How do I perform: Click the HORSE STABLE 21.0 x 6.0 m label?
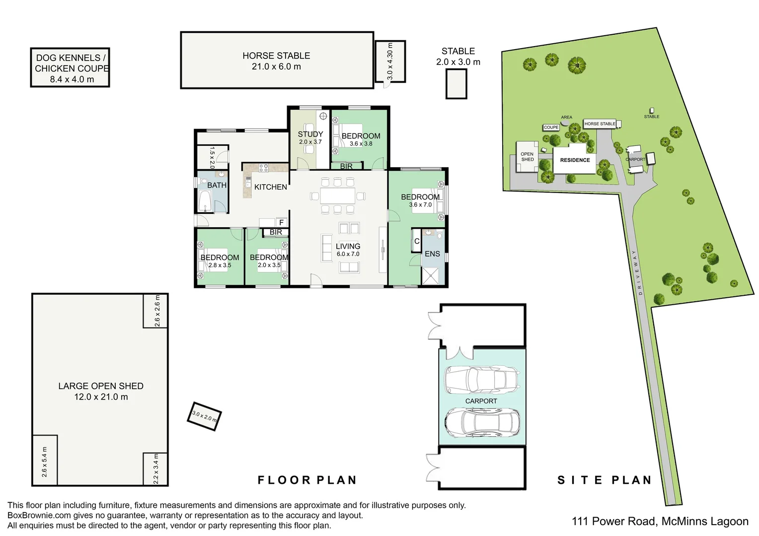276,61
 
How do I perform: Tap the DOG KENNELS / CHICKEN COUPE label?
72,63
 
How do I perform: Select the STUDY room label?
310,134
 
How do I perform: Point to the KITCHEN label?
270,187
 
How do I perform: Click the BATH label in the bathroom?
217,185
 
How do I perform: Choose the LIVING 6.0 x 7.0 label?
348,250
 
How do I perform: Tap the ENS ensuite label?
432,254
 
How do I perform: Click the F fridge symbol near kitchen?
281,222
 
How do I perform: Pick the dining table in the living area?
337,196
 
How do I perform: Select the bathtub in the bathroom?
205,201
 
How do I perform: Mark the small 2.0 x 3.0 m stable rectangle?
456,84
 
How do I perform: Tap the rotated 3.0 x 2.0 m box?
204,416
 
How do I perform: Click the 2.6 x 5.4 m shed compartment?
45,461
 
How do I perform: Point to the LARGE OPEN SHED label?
101,386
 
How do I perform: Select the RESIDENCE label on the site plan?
575,160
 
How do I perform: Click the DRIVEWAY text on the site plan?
637,272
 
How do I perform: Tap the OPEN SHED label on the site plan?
527,157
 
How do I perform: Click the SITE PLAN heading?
605,480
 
